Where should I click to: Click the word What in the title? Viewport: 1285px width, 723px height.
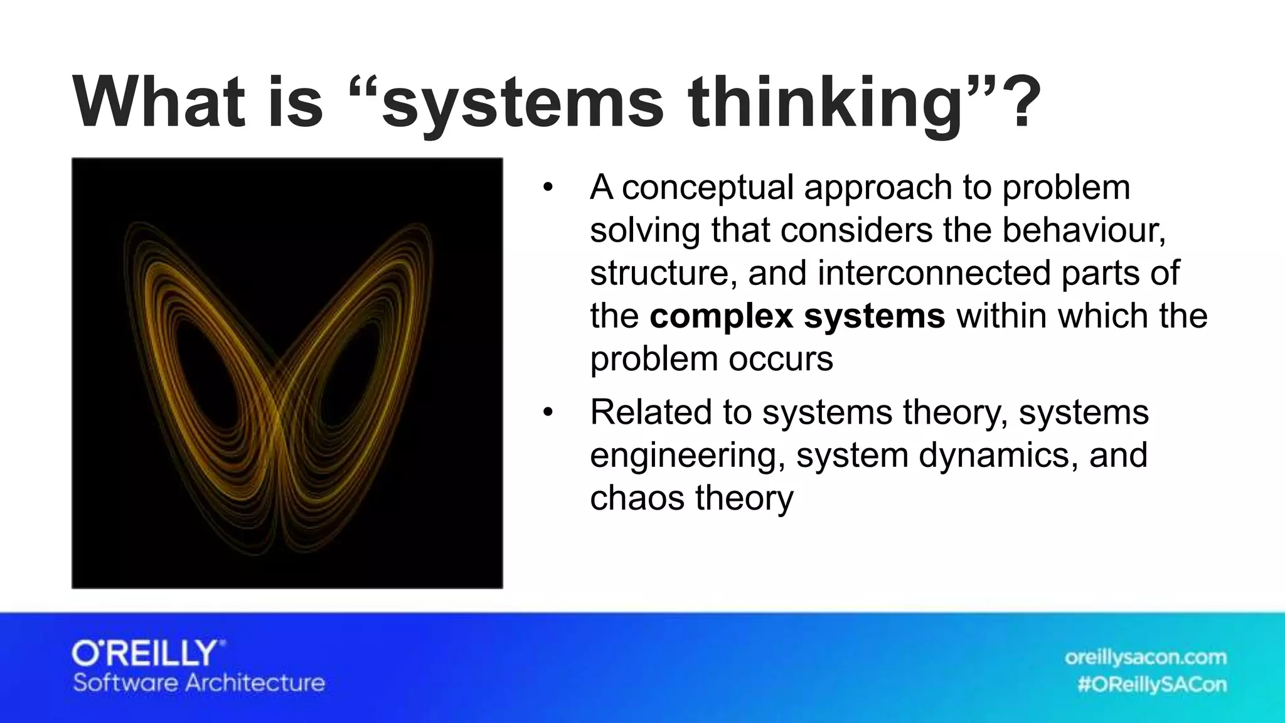pyautogui.click(x=158, y=102)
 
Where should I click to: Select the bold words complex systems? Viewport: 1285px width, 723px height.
pyautogui.click(x=797, y=316)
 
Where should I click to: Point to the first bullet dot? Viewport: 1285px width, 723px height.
pyautogui.click(x=548, y=188)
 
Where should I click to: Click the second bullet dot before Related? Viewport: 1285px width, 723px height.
pyautogui.click(x=548, y=412)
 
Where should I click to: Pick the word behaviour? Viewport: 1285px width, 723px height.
pyautogui.click(x=1083, y=230)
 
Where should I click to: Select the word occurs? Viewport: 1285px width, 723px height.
pyautogui.click(x=781, y=359)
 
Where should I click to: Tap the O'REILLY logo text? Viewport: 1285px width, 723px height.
pyautogui.click(x=148, y=654)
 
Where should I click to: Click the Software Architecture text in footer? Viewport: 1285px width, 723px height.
pyautogui.click(x=199, y=683)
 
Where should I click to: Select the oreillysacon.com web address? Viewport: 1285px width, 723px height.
pyautogui.click(x=1145, y=658)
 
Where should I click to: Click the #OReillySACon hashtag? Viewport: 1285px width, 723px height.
pyautogui.click(x=1152, y=684)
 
